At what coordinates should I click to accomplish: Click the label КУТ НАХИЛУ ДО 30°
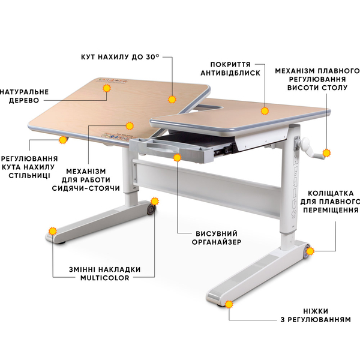pyautogui.click(x=120, y=57)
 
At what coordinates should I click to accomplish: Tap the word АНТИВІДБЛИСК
pyautogui.click(x=230, y=73)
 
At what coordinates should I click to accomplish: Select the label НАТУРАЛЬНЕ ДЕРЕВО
pyautogui.click(x=25, y=96)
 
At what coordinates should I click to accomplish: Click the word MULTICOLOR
pyautogui.click(x=105, y=278)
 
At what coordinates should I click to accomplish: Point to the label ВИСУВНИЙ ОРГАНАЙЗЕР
pyautogui.click(x=217, y=238)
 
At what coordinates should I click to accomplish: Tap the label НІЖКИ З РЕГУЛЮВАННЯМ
pyautogui.click(x=316, y=316)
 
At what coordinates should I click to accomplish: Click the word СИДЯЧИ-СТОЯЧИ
pyautogui.click(x=86, y=188)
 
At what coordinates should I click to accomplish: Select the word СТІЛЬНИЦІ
pyautogui.click(x=29, y=176)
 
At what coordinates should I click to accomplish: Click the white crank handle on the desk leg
pyautogui.click(x=310, y=149)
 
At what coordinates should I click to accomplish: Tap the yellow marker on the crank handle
pyautogui.click(x=326, y=153)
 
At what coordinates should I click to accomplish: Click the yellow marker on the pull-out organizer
pyautogui.click(x=177, y=157)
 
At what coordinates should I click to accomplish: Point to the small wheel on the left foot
pyautogui.click(x=151, y=210)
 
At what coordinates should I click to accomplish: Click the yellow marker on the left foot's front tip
pyautogui.click(x=53, y=231)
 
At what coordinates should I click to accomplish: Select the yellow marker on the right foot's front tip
pyautogui.click(x=229, y=304)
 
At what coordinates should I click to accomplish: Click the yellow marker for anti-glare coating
pyautogui.click(x=265, y=110)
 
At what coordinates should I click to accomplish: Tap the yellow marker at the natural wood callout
pyautogui.click(x=107, y=88)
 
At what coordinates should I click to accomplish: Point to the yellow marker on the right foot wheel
pyautogui.click(x=310, y=251)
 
